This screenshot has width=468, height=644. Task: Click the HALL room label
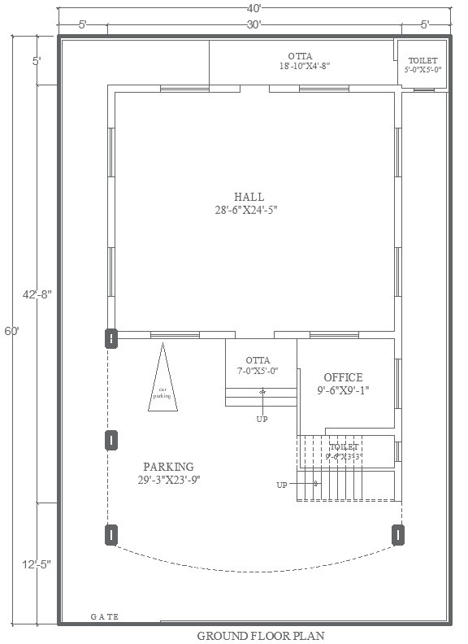249,197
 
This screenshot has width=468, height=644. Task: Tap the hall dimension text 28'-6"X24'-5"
249,210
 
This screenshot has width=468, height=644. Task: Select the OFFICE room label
343,377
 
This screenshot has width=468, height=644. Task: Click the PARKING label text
168,467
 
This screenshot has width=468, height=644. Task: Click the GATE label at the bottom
104,616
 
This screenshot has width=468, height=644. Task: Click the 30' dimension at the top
253,24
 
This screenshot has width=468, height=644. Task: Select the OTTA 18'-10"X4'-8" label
305,61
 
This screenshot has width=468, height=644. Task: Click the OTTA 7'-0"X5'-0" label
258,365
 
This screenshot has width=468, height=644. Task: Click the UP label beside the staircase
282,485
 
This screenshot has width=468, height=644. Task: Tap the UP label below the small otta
262,420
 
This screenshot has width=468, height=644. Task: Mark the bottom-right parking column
398,534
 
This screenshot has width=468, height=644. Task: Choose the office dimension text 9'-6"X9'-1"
343,390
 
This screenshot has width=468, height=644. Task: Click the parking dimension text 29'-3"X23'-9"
168,480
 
